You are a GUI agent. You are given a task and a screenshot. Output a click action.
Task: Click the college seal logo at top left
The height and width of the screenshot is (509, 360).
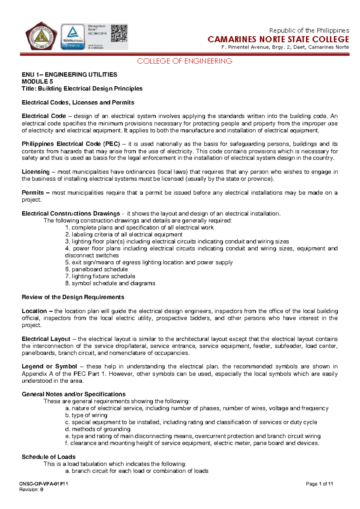click(x=41, y=36)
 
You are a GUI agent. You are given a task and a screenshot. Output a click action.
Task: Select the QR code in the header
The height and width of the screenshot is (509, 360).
click(x=119, y=33)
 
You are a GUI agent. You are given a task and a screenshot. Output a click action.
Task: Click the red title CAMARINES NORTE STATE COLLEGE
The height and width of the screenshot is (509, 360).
click(x=278, y=39)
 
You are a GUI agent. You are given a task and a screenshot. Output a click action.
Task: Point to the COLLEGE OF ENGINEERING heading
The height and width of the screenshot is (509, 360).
click(x=184, y=61)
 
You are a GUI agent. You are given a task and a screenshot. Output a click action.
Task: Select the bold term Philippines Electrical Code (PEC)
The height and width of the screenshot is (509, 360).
click(x=71, y=144)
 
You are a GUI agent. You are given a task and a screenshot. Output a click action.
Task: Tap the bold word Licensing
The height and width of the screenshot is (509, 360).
click(x=36, y=172)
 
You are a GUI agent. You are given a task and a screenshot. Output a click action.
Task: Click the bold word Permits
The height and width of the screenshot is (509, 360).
click(x=33, y=193)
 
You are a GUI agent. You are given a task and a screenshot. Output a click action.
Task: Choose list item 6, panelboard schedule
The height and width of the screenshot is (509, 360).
click(x=97, y=270)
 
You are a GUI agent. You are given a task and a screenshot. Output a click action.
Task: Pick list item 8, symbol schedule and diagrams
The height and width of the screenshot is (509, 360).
click(x=110, y=283)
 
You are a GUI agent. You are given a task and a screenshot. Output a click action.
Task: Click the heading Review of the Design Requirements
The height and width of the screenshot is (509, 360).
click(x=73, y=297)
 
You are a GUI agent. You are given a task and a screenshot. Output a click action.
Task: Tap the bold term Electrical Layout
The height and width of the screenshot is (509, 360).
click(x=46, y=339)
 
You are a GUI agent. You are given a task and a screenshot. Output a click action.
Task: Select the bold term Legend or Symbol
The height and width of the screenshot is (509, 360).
click(x=49, y=367)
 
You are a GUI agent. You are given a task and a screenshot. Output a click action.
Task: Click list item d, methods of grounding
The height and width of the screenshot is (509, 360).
click(x=98, y=429)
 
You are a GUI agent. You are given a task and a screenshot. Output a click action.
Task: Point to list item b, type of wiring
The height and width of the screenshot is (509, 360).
click(x=86, y=415)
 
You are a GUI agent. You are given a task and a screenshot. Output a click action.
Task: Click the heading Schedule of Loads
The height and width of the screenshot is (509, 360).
click(x=49, y=457)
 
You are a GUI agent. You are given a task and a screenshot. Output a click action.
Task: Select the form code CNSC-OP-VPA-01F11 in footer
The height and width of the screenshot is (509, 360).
click(x=44, y=484)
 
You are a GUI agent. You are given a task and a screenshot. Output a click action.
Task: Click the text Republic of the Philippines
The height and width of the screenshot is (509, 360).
click(x=309, y=31)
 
